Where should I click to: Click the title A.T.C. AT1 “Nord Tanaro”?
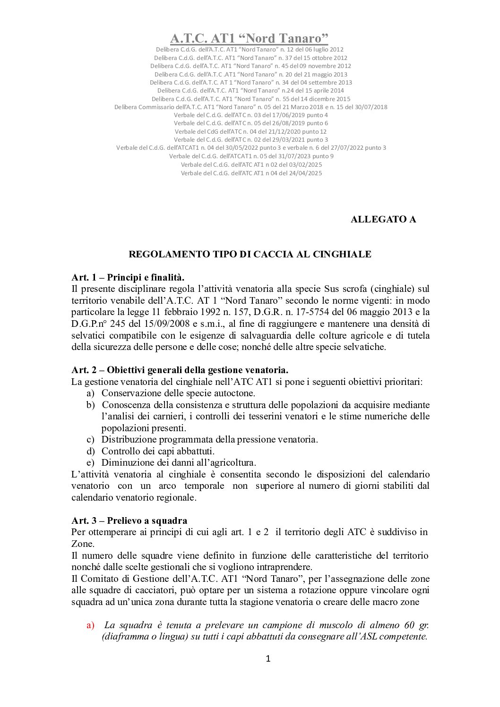250,38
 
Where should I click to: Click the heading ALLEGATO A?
383,219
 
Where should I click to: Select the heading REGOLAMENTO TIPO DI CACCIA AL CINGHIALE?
250,254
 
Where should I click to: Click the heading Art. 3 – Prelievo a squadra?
129,520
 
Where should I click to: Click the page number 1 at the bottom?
267,659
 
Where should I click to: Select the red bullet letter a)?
91,625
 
